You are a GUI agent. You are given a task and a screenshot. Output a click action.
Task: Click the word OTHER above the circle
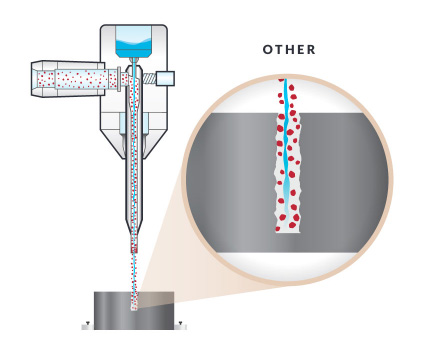pos(289,50)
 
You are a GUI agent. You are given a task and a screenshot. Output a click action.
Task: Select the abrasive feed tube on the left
pos(75,78)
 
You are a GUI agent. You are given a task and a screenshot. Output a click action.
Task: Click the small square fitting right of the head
pos(165,78)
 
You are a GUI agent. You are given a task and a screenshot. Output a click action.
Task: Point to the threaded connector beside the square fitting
pos(149,78)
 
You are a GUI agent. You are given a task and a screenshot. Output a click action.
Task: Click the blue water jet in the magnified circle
pos(286,150)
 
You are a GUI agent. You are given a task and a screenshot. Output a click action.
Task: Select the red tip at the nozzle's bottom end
pos(133,246)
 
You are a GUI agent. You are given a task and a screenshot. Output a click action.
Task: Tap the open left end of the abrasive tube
pos(37,78)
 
